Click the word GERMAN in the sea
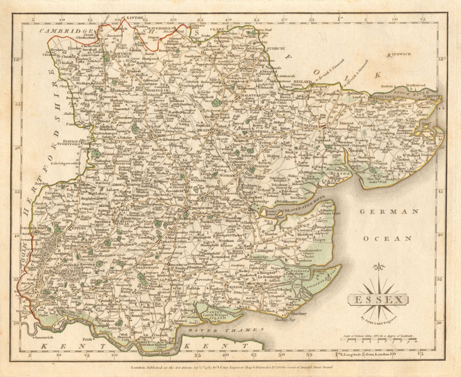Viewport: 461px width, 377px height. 389,212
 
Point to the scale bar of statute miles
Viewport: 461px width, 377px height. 378,341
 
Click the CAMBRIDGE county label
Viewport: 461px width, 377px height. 60,30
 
